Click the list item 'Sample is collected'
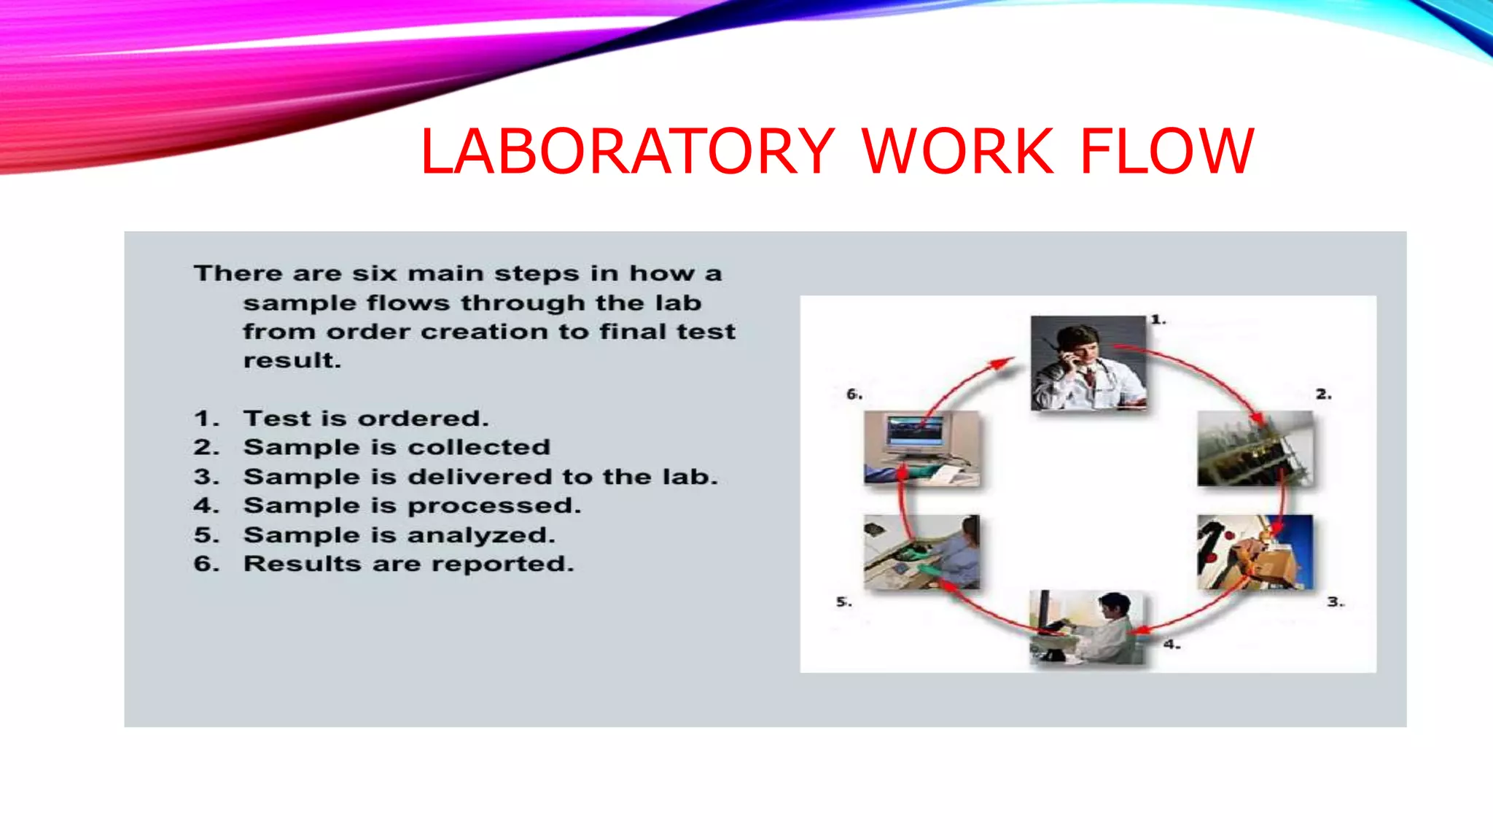click(397, 447)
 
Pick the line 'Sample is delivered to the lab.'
click(480, 477)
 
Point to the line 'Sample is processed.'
click(412, 505)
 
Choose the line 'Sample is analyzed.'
click(399, 535)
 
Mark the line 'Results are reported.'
click(408, 564)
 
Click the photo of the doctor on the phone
click(1088, 362)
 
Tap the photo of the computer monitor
click(921, 448)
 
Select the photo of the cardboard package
click(1255, 552)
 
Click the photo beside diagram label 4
click(1087, 627)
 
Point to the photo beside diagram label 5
click(921, 552)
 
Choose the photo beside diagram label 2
click(1255, 448)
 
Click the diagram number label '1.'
click(1158, 319)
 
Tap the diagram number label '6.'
click(854, 394)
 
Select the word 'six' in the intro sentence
click(374, 273)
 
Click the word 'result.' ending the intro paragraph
click(292, 360)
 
